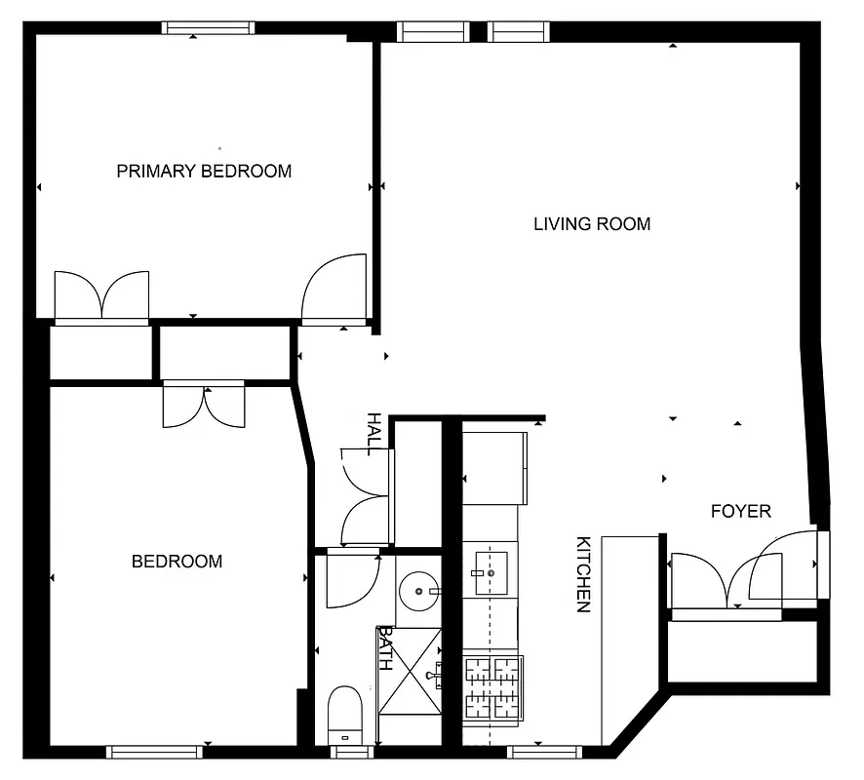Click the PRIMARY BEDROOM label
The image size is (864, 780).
pyautogui.click(x=204, y=172)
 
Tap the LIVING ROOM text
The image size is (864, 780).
pyautogui.click(x=591, y=224)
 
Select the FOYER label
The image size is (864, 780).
pyautogui.click(x=740, y=511)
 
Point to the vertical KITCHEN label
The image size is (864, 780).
pyautogui.click(x=583, y=574)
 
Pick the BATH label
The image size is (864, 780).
pyautogui.click(x=385, y=648)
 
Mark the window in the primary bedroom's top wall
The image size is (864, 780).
pyautogui.click(x=210, y=28)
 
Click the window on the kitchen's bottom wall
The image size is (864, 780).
pyautogui.click(x=544, y=752)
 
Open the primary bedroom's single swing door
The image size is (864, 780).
pyautogui.click(x=334, y=289)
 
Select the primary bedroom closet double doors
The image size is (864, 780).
pyautogui.click(x=102, y=296)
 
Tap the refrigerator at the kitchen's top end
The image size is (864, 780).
pyautogui.click(x=494, y=466)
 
